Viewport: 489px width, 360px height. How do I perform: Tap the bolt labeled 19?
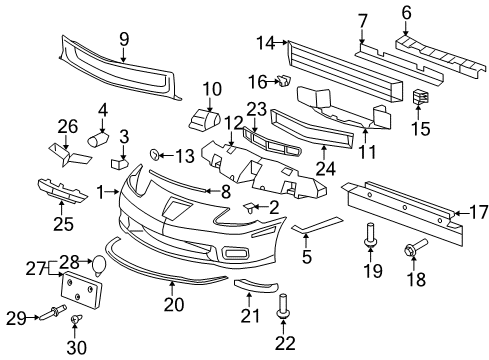pyautogui.click(x=372, y=238)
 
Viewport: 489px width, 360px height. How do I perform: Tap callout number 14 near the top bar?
pyautogui.click(x=265, y=43)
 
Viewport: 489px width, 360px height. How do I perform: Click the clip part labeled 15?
pyautogui.click(x=420, y=100)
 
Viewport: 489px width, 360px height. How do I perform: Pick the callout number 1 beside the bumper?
pyautogui.click(x=100, y=190)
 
